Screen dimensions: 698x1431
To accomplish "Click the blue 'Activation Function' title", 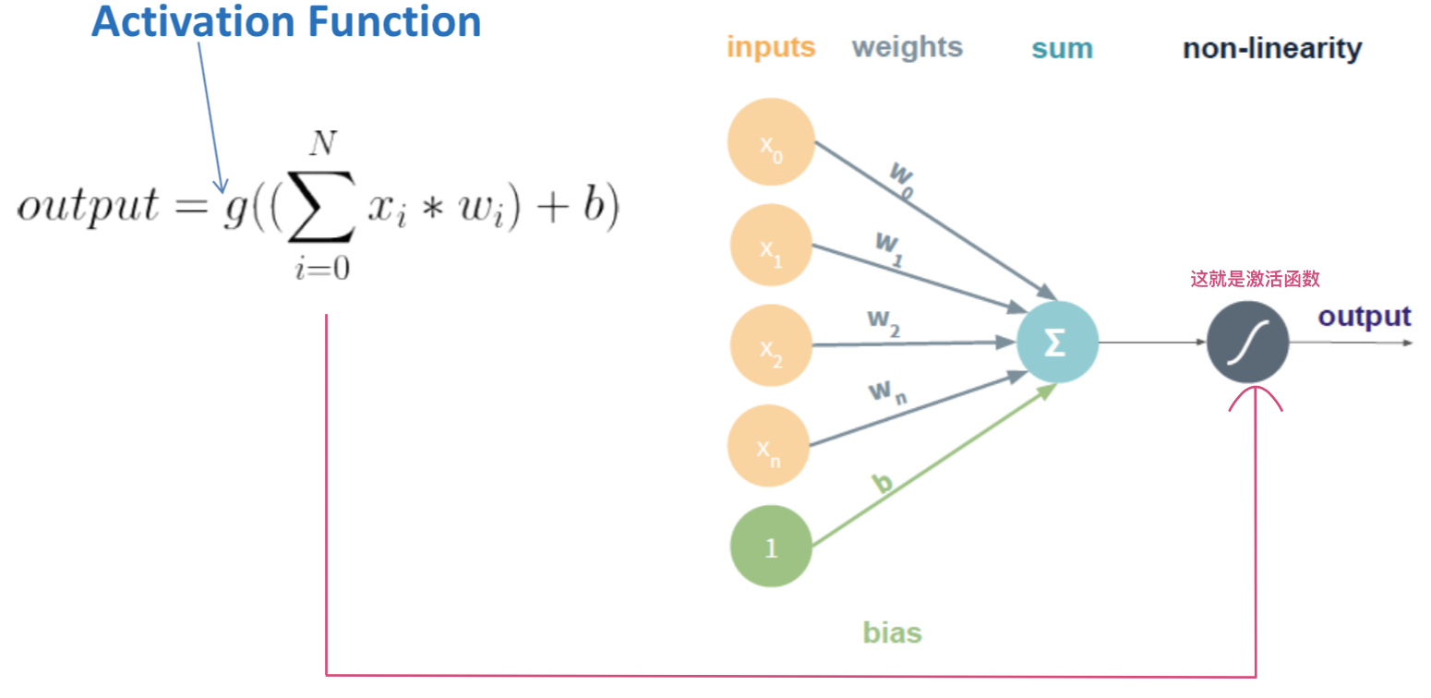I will [286, 21].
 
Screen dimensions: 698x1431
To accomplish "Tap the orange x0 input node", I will [770, 141].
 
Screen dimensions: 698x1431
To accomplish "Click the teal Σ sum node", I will [1057, 343].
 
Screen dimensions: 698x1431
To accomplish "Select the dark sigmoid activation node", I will [1247, 343].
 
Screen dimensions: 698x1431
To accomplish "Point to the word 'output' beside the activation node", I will [1364, 317].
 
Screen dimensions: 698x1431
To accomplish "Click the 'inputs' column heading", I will [771, 47].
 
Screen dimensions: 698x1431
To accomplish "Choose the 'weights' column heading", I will [907, 47].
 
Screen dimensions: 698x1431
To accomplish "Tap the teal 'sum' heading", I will [1062, 48].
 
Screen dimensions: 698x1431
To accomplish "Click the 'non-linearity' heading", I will [1271, 48].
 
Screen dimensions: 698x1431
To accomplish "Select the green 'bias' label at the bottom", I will [892, 632].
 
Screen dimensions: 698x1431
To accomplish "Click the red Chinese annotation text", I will [1262, 279].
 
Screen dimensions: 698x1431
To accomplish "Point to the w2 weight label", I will [884, 319].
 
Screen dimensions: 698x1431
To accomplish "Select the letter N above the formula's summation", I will [322, 145].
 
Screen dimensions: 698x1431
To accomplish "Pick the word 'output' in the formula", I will [88, 207].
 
